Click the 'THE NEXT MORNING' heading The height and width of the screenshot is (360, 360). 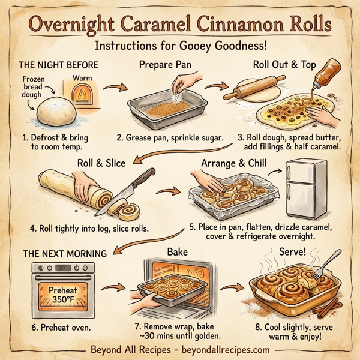point(65,253)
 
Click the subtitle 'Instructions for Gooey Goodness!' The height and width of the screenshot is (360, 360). point(180,47)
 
